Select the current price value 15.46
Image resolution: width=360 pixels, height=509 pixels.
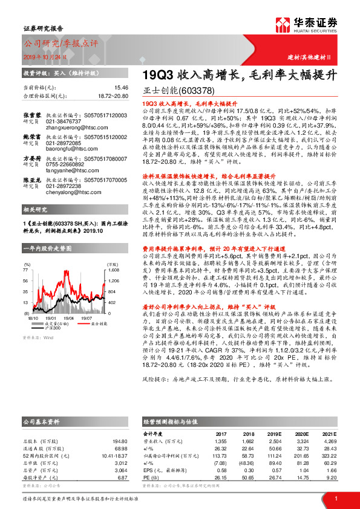[120, 88]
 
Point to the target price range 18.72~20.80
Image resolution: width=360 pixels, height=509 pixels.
[111, 96]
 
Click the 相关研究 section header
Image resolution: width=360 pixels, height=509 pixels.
[34, 209]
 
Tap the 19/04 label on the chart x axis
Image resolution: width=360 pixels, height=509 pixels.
[68, 316]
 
